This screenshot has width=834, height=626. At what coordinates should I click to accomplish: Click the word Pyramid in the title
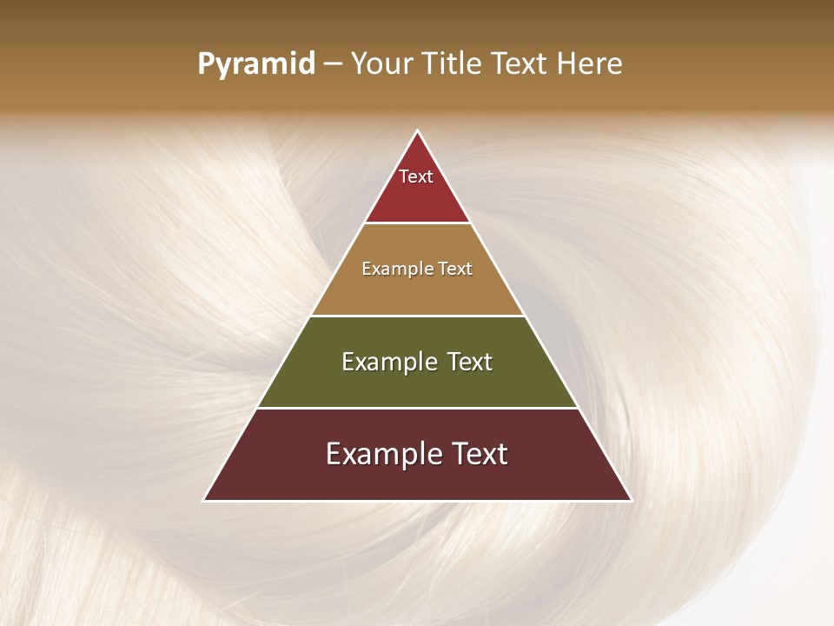tap(255, 64)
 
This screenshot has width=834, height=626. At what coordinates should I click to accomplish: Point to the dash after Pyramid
tap(332, 64)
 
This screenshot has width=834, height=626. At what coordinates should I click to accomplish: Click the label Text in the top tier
tap(416, 176)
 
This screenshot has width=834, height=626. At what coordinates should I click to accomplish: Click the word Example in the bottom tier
tap(381, 454)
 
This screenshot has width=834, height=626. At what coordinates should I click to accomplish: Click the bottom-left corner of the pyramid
tap(204, 500)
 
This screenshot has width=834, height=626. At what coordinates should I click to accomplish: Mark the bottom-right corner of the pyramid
tap(631, 500)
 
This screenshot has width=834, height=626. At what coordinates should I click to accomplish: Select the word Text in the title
tap(518, 64)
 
